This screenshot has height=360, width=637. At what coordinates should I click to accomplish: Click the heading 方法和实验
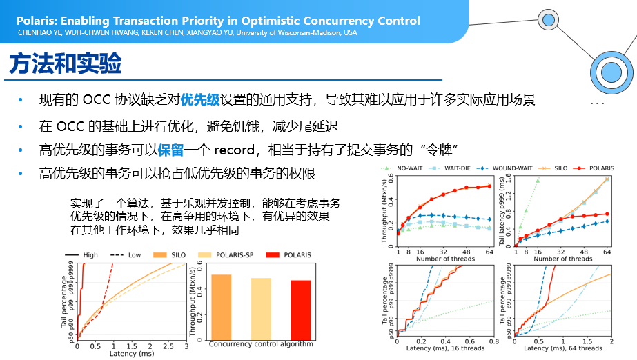66,64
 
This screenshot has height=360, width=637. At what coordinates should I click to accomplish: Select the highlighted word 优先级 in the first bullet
199,99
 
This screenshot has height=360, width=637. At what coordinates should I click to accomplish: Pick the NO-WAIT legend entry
409,168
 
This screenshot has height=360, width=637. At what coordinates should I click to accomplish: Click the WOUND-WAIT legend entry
512,168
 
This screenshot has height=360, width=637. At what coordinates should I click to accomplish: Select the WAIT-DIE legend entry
458,168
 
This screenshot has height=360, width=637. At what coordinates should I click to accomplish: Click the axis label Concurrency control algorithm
261,344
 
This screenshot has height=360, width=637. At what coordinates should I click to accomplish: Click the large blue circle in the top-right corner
611,71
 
